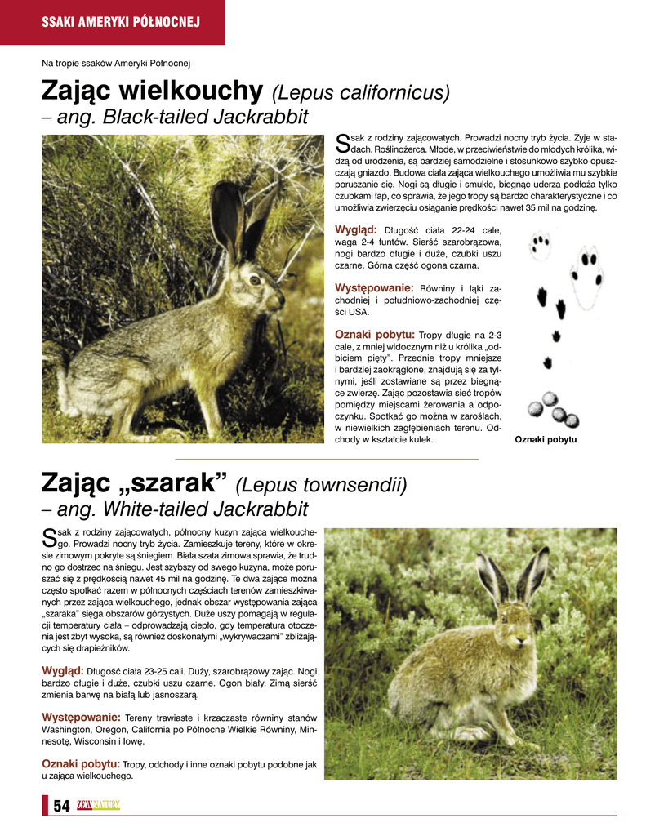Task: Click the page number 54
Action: pos(61,806)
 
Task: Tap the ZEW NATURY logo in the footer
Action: pos(98,806)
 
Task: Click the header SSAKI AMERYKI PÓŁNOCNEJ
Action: pos(121,22)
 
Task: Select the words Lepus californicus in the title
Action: pos(360,92)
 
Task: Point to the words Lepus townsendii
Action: pos(321,486)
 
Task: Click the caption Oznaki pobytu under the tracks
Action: pos(546,440)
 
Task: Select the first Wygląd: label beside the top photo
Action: pos(356,229)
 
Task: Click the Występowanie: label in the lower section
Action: pos(81,717)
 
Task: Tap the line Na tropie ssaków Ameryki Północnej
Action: pos(116,62)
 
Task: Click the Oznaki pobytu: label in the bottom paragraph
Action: pos(81,763)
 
